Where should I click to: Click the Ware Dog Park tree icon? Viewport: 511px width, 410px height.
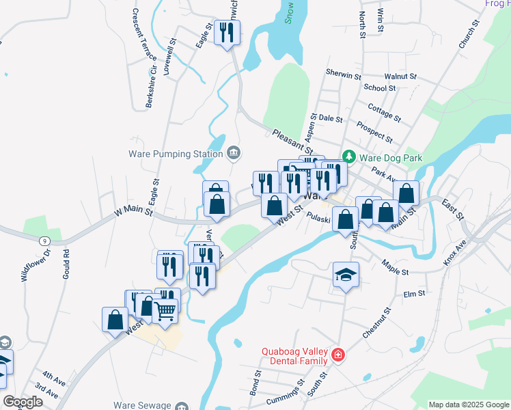pyautogui.click(x=349, y=157)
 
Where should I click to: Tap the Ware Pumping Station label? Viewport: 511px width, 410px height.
pyautogui.click(x=176, y=153)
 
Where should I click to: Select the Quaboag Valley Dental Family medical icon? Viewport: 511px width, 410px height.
pyautogui.click(x=337, y=355)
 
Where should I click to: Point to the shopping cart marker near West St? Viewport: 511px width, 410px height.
pyautogui.click(x=165, y=310)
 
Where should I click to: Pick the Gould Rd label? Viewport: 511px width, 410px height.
pyautogui.click(x=66, y=261)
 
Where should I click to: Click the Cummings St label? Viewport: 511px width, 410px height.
pyautogui.click(x=279, y=396)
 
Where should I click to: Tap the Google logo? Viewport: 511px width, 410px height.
pyautogui.click(x=23, y=402)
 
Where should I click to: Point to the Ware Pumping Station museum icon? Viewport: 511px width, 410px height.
pyautogui.click(x=234, y=151)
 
